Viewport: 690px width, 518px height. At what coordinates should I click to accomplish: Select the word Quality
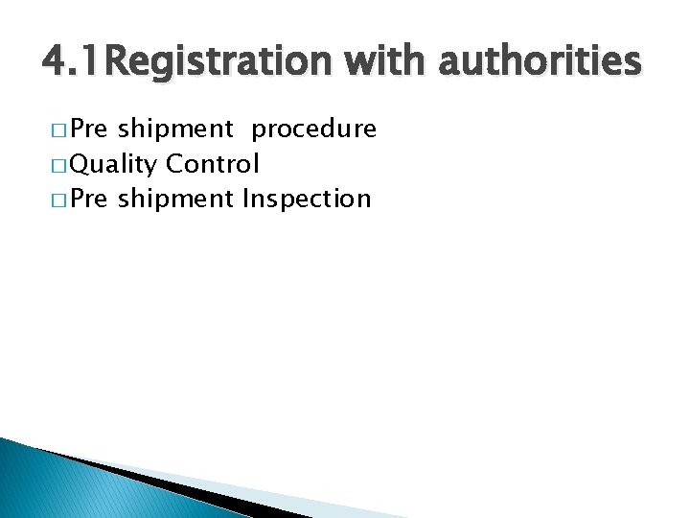click(114, 165)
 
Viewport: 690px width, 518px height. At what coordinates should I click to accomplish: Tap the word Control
click(212, 164)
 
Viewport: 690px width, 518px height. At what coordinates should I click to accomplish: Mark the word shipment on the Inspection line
click(176, 200)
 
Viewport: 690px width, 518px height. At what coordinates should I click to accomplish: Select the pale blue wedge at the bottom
click(287, 499)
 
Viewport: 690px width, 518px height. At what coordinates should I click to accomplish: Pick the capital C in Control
click(174, 164)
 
